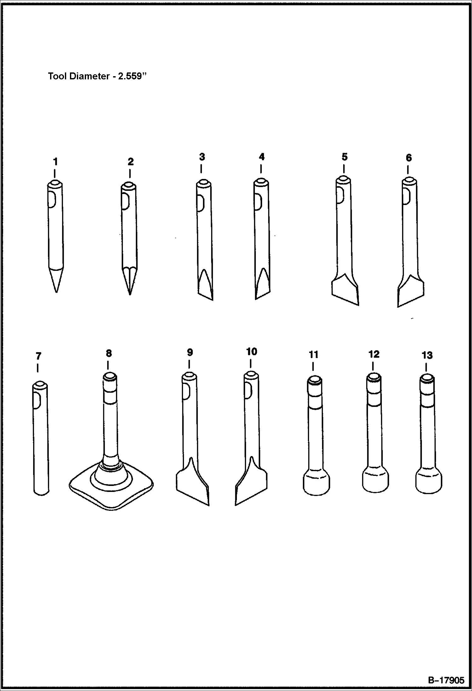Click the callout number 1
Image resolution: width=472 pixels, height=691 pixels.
click(x=55, y=162)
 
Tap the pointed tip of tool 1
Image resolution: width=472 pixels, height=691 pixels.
click(x=56, y=292)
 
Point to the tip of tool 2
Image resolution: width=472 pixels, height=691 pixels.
click(x=130, y=294)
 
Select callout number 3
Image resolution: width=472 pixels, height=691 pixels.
click(x=202, y=157)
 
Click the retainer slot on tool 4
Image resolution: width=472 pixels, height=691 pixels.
click(x=257, y=202)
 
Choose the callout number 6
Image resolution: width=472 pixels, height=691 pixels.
click(x=408, y=157)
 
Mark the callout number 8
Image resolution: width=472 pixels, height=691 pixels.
click(x=108, y=353)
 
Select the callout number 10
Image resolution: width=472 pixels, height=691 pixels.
click(x=251, y=351)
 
